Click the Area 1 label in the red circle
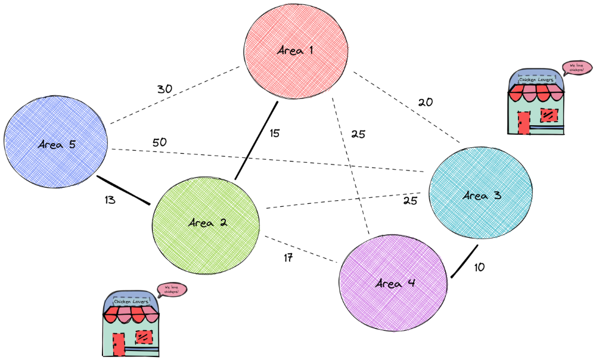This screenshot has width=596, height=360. tap(296, 51)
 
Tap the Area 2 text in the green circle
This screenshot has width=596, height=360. tap(207, 224)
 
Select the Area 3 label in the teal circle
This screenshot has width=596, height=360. tap(481, 195)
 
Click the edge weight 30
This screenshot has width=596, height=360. tap(164, 89)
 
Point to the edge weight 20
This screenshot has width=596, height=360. tap(425, 102)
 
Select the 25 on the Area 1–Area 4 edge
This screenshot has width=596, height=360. tap(358, 134)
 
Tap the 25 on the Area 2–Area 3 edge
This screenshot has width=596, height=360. tap(410, 201)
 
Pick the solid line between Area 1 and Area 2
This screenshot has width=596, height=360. tap(256, 141)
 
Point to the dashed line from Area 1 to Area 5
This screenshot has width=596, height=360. tap(176, 95)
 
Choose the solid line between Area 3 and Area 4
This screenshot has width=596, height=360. tap(464, 262)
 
